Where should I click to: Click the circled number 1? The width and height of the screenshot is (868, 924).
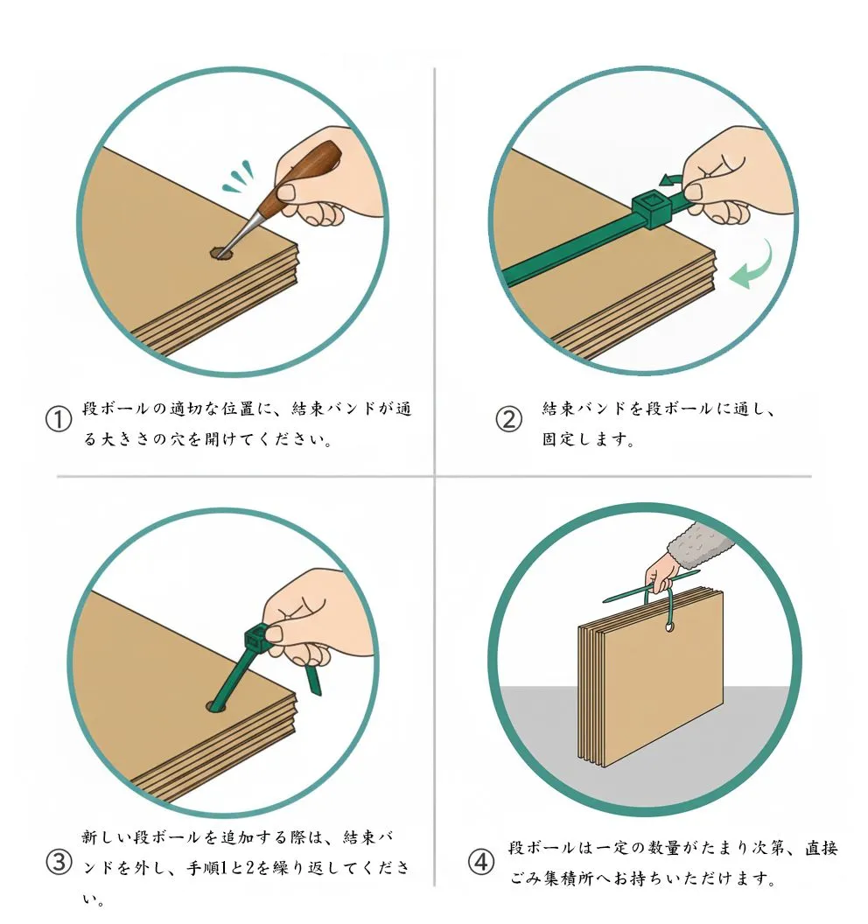click(59, 420)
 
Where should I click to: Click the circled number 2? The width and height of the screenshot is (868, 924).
click(508, 420)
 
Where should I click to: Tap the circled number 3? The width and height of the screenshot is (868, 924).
click(59, 863)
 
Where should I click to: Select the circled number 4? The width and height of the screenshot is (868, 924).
click(481, 863)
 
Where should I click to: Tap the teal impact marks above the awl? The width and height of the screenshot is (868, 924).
click(239, 177)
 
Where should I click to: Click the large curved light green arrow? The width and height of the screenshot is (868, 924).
click(753, 266)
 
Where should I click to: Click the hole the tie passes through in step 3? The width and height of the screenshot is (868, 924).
click(217, 706)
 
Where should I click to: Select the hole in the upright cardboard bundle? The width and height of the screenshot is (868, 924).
click(670, 627)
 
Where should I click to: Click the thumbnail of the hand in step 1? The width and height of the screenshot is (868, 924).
click(287, 192)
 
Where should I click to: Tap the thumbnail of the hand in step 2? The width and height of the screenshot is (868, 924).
click(694, 192)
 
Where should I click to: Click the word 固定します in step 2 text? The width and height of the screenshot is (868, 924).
click(587, 439)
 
